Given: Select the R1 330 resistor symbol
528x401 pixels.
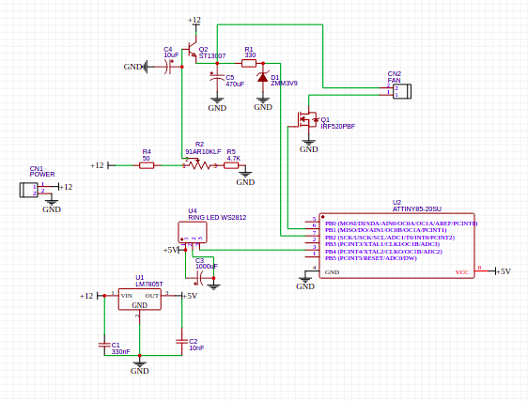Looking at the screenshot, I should click(249, 63).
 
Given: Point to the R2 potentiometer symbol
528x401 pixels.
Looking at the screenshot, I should click(197, 165).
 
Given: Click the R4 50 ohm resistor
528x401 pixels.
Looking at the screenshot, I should click(147, 165).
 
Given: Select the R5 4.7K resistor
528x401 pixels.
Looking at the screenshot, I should click(231, 165).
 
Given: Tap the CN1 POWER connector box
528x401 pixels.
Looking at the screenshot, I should click(29, 189).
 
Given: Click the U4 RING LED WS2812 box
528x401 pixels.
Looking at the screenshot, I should click(191, 232).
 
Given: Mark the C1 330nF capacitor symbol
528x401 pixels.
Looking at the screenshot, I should click(103, 345).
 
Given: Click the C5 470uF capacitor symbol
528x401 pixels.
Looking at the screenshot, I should click(217, 80).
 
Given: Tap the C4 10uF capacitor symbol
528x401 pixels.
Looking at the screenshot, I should click(172, 67).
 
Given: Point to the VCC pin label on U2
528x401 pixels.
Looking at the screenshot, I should click(461, 272).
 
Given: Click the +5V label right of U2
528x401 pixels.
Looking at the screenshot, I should click(504, 271).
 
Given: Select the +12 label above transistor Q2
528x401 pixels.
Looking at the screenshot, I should click(194, 20).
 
